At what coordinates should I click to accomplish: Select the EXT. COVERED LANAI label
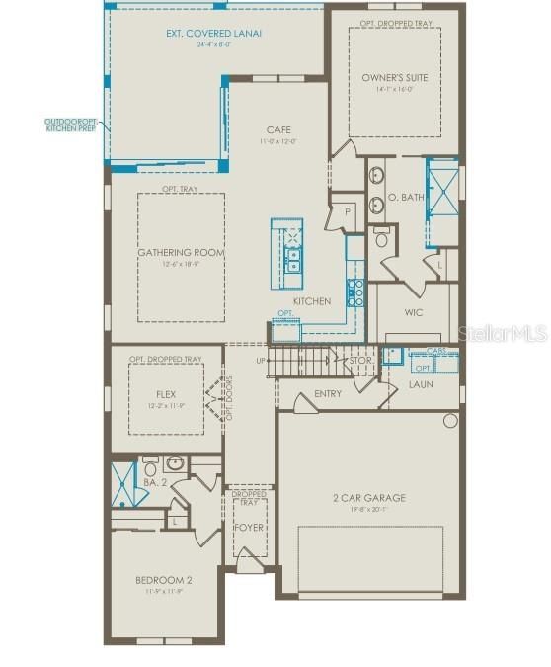[x=213, y=34]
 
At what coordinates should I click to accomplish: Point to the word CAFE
[x=277, y=130]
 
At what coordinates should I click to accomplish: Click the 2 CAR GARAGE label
[x=368, y=498]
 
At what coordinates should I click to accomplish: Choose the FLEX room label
[x=165, y=393]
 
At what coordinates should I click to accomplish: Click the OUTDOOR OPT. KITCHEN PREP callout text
[x=71, y=125]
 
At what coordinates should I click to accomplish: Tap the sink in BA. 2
[x=175, y=461]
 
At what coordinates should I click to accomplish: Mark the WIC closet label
[x=414, y=312]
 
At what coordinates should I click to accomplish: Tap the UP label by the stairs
[x=261, y=360]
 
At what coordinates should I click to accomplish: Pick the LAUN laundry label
[x=422, y=383]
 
